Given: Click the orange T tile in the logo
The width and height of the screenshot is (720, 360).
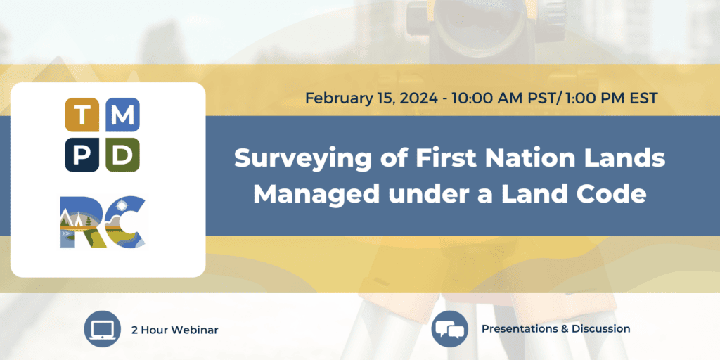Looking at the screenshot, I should tap(83, 115).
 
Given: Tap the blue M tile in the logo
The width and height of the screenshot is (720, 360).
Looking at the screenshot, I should tap(123, 115).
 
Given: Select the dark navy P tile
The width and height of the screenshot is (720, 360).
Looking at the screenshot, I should tap(83, 155).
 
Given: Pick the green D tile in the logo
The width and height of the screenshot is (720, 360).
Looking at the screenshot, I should tap(123, 155).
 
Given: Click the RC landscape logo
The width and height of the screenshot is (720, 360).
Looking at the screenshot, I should tap(103, 221).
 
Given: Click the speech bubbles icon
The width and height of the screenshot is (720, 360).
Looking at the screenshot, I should tap(449, 328).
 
